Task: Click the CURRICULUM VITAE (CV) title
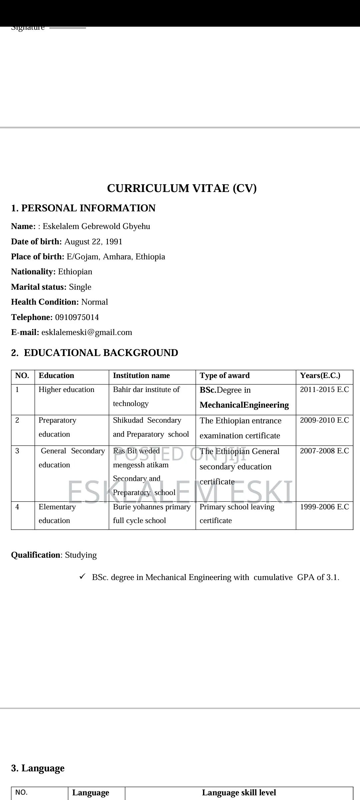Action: (182, 188)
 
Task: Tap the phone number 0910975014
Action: (77, 317)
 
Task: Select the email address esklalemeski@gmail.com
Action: (87, 332)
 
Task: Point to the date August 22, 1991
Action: (93, 242)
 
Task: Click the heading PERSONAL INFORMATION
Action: (88, 208)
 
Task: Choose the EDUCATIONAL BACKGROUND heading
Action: (101, 353)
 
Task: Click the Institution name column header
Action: (141, 376)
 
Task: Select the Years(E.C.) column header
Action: (320, 376)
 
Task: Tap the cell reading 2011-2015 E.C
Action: (324, 390)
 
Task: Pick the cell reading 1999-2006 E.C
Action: (324, 507)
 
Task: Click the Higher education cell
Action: (66, 390)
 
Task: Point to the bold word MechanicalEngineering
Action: (244, 405)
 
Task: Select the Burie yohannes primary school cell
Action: (152, 514)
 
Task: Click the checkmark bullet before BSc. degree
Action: (82, 576)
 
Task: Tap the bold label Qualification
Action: (35, 555)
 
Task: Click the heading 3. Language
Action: (38, 768)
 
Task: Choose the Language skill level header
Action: (239, 793)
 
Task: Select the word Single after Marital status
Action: (80, 287)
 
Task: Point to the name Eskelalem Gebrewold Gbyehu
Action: (96, 226)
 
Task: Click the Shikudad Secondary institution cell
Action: (151, 427)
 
